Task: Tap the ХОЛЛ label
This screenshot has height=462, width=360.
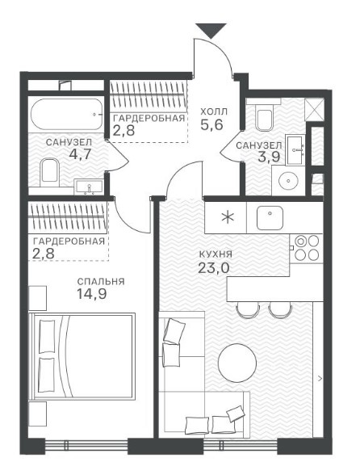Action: (x=214, y=112)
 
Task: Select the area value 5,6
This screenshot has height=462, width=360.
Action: (x=211, y=125)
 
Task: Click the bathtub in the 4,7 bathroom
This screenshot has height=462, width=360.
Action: (x=67, y=114)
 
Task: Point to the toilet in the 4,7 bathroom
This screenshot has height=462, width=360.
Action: (x=49, y=173)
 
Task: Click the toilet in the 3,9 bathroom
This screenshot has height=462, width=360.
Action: (x=264, y=116)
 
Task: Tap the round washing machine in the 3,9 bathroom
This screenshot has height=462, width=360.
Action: (x=288, y=180)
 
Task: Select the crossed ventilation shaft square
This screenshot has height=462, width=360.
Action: (x=314, y=109)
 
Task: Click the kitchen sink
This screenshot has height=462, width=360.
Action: (x=270, y=218)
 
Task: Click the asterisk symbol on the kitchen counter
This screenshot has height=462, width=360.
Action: (x=228, y=218)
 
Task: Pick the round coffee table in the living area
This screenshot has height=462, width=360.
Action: (x=237, y=363)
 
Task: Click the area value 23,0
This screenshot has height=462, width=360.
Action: (x=214, y=268)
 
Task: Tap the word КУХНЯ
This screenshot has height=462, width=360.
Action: (x=216, y=254)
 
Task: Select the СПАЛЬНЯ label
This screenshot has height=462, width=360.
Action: (x=101, y=282)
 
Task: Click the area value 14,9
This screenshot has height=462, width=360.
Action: (x=91, y=294)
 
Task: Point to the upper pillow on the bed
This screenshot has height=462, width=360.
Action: (x=47, y=336)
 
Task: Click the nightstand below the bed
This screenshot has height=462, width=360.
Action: (x=38, y=414)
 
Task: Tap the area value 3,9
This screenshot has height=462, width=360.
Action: (x=269, y=157)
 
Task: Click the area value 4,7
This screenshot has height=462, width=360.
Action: (x=79, y=154)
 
